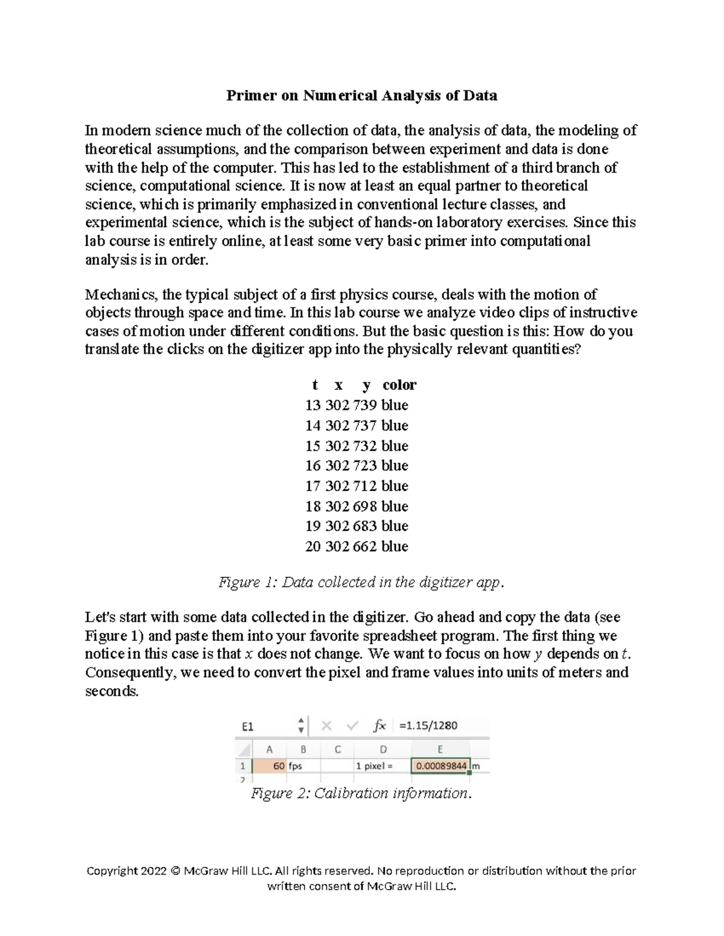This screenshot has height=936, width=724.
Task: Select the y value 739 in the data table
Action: tap(365, 405)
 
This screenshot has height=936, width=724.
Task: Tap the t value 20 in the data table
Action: tap(313, 546)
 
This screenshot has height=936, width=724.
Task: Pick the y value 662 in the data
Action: tap(365, 546)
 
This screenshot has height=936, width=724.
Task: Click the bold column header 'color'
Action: tap(399, 385)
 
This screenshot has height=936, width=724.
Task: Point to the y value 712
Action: tap(365, 486)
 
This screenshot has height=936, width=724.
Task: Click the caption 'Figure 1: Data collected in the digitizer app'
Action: tap(360, 582)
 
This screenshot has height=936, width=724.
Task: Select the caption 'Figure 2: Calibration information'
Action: tap(360, 793)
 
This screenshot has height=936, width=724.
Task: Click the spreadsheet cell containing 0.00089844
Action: tap(440, 766)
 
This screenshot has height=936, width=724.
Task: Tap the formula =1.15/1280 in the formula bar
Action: tap(428, 726)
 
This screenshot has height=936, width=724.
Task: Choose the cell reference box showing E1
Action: tap(248, 726)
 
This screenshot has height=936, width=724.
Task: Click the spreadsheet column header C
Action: tap(338, 750)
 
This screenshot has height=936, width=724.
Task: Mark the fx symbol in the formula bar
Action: tap(379, 726)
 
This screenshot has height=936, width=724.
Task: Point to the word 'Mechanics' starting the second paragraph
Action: tap(121, 295)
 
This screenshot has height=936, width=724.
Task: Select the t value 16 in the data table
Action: tap(313, 465)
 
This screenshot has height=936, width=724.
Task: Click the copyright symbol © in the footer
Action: tap(175, 871)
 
